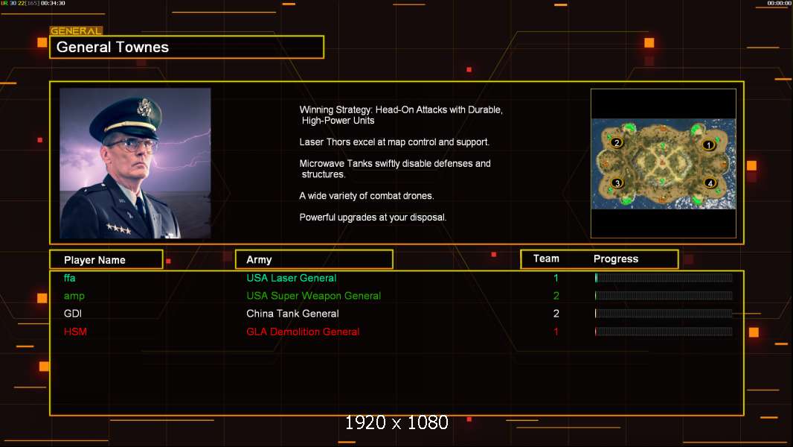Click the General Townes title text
click(x=112, y=47)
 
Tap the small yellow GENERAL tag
click(x=77, y=31)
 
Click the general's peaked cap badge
click(x=145, y=107)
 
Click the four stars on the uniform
click(x=119, y=229)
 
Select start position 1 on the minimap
click(x=708, y=145)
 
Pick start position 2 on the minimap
click(x=617, y=143)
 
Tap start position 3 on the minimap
click(x=617, y=183)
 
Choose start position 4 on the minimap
click(x=710, y=183)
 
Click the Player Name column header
click(x=94, y=260)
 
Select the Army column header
click(x=259, y=260)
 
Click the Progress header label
click(x=616, y=259)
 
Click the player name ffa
click(x=70, y=278)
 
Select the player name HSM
click(x=75, y=332)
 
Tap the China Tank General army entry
click(x=293, y=314)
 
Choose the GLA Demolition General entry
click(x=303, y=332)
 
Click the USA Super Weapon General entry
click(x=314, y=296)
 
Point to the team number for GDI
click(x=556, y=314)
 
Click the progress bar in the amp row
click(x=664, y=296)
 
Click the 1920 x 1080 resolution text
click(x=396, y=422)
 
